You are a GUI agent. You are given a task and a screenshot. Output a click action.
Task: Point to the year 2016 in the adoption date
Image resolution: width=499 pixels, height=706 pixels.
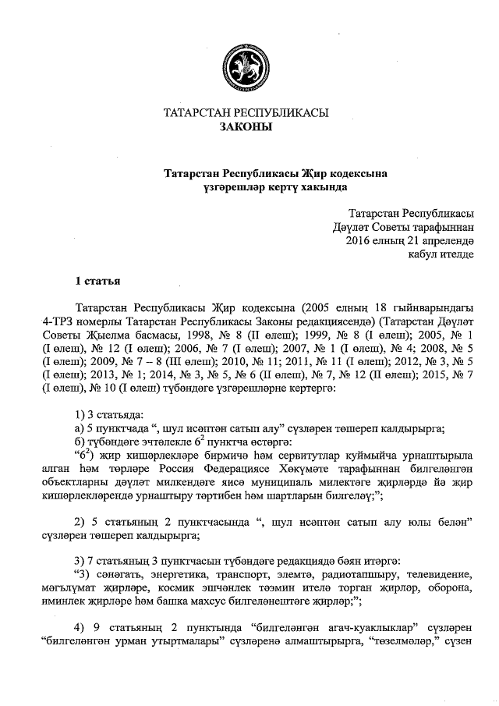click(x=359, y=239)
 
